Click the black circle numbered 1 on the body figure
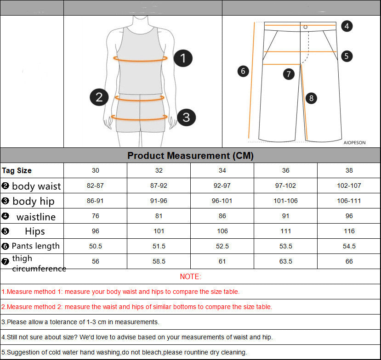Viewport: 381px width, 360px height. pos(183,58)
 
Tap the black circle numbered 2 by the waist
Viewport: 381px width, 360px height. pos(99,97)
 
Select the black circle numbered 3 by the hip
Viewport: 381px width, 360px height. pos(186,117)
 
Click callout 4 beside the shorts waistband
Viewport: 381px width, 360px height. pos(347,26)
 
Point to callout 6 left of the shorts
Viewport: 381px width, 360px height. pos(243,71)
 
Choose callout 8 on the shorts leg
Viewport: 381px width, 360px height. pos(311,98)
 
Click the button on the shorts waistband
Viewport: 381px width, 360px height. pos(305,27)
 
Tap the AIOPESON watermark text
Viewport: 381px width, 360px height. pos(354,143)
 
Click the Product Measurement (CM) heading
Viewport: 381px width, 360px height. pos(190,156)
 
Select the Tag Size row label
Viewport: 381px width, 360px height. pos(17,171)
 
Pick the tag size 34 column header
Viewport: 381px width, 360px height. pos(222,171)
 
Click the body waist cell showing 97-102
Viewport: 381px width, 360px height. pos(285,186)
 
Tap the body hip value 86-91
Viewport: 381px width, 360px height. pos(95,201)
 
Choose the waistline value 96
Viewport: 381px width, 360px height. pos(349,216)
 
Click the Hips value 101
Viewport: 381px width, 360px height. pos(159,231)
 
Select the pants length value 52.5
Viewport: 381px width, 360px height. pos(222,246)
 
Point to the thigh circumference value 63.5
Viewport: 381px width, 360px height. pos(285,261)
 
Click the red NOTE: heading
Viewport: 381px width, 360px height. pos(190,276)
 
